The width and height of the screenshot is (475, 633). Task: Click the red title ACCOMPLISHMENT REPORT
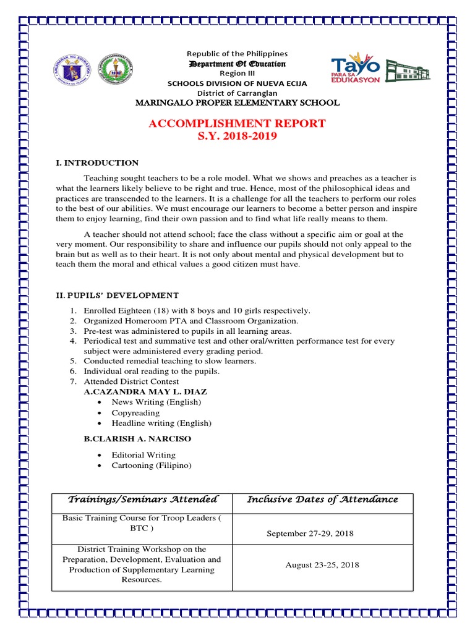pyautogui.click(x=237, y=124)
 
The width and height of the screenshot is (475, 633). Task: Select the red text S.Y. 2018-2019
pyautogui.click(x=237, y=136)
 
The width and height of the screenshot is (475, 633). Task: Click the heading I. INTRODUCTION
pyautogui.click(x=97, y=163)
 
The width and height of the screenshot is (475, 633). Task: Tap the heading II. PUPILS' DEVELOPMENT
pyautogui.click(x=118, y=295)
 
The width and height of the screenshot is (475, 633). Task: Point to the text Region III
pyautogui.click(x=237, y=74)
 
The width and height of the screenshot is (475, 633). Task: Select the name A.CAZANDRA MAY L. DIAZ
pyautogui.click(x=145, y=392)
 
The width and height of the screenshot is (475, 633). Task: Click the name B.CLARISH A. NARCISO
pyautogui.click(x=137, y=439)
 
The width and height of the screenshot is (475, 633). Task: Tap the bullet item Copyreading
pyautogui.click(x=135, y=413)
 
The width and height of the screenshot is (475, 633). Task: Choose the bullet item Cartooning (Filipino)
pyautogui.click(x=152, y=465)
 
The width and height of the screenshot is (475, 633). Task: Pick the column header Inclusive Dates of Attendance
pyautogui.click(x=322, y=499)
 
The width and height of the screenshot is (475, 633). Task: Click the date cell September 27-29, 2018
pyautogui.click(x=310, y=533)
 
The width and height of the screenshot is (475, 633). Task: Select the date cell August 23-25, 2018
pyautogui.click(x=322, y=565)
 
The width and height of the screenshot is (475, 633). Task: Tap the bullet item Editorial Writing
pyautogui.click(x=143, y=455)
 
